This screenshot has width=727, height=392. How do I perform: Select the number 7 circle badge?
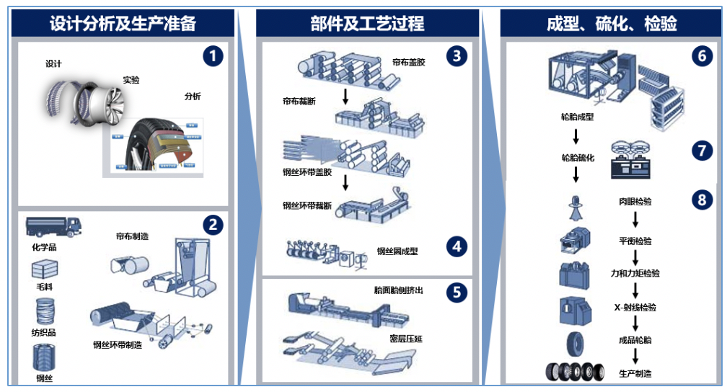point(701,150)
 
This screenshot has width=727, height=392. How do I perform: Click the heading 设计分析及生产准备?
point(123,23)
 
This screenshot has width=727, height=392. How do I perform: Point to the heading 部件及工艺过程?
point(367,23)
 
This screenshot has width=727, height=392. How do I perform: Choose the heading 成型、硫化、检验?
point(612,23)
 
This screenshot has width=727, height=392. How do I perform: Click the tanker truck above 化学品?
point(53,226)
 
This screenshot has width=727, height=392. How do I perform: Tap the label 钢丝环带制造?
point(118,344)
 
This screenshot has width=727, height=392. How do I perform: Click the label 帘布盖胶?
point(409,63)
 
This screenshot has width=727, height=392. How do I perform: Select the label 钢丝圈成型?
point(397,251)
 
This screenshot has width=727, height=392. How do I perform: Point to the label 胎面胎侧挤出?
point(399,290)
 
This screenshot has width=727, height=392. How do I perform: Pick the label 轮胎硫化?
point(578,157)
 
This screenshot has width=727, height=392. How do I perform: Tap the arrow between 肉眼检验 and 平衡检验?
point(635,220)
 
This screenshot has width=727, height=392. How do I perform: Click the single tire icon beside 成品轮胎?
point(576,343)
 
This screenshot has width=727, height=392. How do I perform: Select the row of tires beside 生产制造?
point(575,373)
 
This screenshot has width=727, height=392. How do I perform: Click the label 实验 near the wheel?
point(131,80)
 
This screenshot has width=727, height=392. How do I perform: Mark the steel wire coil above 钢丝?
point(45,357)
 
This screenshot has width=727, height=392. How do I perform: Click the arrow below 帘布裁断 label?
point(345,95)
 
